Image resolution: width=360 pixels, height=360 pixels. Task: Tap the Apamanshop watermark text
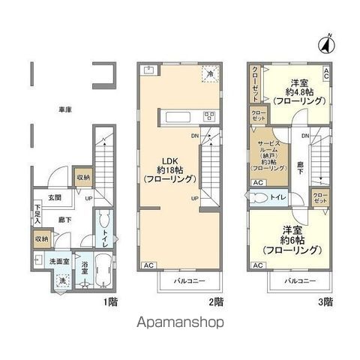[181, 324]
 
